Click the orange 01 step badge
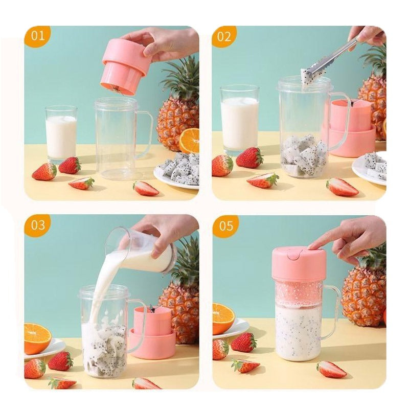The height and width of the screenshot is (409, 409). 37,36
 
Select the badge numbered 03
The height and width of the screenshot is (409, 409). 37,225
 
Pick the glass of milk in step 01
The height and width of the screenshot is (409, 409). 61,134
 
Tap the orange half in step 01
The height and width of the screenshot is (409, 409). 190,141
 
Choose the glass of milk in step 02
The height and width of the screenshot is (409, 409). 239,120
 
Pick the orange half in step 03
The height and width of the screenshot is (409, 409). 37,337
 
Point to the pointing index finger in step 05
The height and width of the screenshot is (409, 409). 322,243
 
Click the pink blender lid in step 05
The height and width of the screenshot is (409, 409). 299,263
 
